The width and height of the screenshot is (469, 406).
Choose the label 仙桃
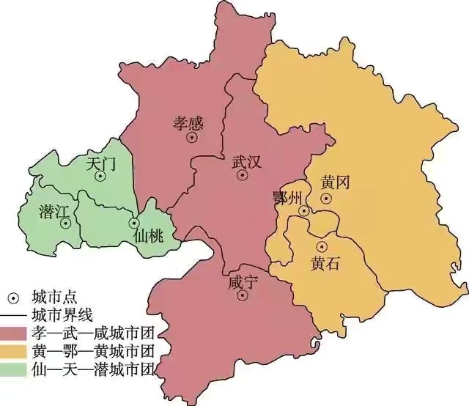click(x=150, y=237)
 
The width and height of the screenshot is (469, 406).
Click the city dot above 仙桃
click(x=134, y=223)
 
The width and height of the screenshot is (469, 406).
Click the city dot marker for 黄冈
click(x=326, y=198)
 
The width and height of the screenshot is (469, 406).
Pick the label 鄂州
click(x=287, y=197)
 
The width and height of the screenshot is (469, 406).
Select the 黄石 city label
click(x=325, y=262)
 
